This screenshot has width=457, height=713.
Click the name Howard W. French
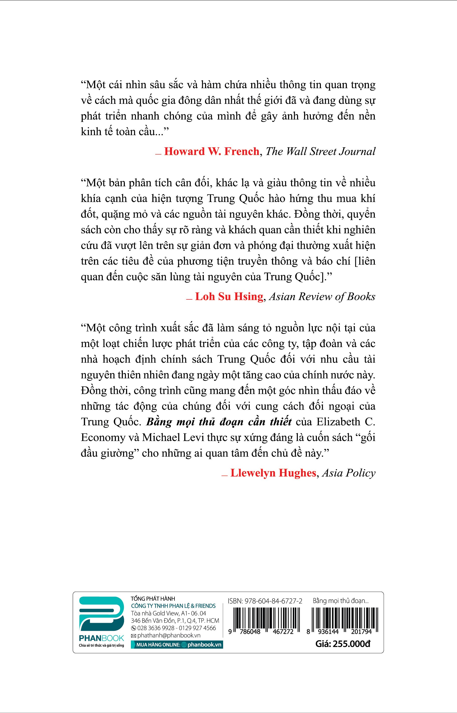tap(212, 152)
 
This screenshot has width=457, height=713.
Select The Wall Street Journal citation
tap(320, 152)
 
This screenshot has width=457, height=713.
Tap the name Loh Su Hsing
tap(229, 297)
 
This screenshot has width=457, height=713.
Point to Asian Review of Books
tap(322, 297)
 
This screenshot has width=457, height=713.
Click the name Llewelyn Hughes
tap(273, 473)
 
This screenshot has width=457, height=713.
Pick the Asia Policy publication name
tap(348, 473)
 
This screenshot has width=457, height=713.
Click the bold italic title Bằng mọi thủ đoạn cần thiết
tap(219, 422)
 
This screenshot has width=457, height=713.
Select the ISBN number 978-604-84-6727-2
tap(265, 601)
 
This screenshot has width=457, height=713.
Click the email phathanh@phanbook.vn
tap(168, 635)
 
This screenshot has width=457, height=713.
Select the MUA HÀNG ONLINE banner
tap(177, 645)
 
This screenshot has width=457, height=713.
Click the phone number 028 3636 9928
tap(155, 628)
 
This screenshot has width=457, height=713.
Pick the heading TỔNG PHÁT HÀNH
tap(153, 599)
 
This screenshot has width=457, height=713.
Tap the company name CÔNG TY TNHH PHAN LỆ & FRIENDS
tap(173, 606)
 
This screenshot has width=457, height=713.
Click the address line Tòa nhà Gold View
tap(168, 613)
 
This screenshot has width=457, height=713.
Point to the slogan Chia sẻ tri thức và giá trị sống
tap(102, 646)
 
